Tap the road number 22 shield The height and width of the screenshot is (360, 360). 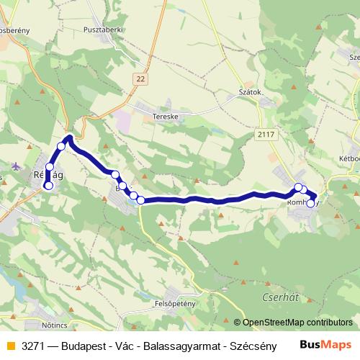[139, 78]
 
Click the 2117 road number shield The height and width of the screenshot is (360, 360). [266, 133]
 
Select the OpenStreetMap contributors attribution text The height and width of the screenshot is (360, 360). [297, 323]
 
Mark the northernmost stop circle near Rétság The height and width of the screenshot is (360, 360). [62, 146]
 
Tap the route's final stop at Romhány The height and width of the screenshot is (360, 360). [310, 204]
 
